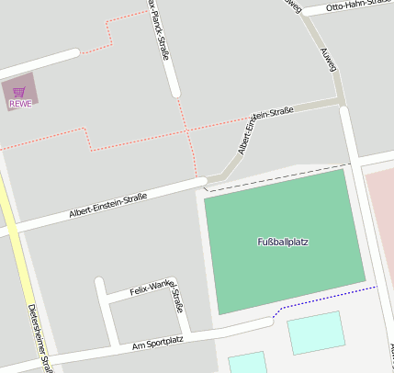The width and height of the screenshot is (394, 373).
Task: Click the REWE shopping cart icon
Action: [x=19, y=91]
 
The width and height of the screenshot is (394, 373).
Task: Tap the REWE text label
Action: [x=20, y=104]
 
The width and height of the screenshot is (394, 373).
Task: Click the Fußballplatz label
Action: [x=282, y=243]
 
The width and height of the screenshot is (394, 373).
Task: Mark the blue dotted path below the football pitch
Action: [x=326, y=297]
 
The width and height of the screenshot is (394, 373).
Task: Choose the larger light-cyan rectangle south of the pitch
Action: [x=315, y=333]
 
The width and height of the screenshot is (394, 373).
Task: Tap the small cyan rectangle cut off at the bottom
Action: [x=246, y=363]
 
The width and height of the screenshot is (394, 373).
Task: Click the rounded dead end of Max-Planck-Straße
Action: [x=174, y=92]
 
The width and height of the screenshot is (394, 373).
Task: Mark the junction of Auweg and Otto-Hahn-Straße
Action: [x=304, y=12]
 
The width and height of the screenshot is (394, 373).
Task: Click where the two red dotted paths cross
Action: [x=189, y=131]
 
